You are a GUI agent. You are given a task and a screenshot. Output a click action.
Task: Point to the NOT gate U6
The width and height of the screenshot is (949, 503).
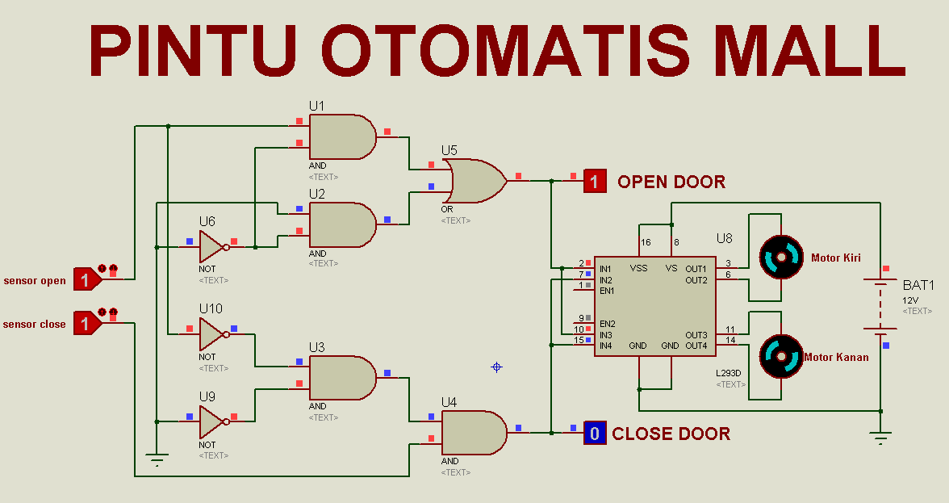tap(212, 246)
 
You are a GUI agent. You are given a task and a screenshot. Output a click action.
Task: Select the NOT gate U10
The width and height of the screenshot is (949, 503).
tap(212, 333)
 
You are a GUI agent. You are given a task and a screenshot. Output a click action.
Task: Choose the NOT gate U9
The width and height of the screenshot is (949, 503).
tap(212, 421)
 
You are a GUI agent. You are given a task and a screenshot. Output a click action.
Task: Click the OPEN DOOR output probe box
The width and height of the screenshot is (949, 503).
tap(595, 182)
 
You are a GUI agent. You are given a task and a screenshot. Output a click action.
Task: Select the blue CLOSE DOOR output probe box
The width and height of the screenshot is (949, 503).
tap(595, 434)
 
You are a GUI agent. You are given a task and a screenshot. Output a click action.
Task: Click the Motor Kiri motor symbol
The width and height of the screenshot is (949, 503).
tap(781, 258)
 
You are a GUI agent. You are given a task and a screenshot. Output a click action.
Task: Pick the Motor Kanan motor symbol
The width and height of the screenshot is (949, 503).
tap(781, 356)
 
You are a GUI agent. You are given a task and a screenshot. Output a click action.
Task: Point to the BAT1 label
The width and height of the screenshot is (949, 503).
tap(918, 285)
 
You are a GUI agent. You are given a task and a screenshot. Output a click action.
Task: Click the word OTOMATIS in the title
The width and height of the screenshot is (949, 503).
tap(507, 50)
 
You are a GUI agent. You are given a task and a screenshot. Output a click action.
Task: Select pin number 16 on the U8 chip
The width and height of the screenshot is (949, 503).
tap(645, 242)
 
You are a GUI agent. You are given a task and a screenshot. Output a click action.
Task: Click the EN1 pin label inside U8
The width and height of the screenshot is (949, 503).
tap(607, 291)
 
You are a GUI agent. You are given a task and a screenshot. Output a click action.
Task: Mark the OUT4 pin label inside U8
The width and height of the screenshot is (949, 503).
tap(696, 346)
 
